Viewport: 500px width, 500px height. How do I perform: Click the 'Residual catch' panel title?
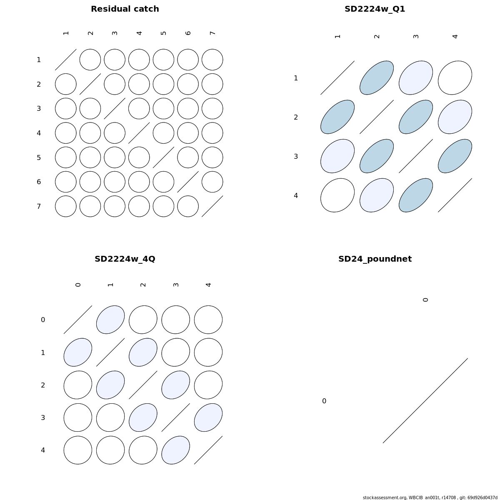tap(125, 9)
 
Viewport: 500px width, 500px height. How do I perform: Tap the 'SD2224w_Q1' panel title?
tap(375, 9)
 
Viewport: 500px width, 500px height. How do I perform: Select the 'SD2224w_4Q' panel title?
tap(125, 259)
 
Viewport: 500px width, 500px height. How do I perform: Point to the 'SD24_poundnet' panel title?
tap(375, 259)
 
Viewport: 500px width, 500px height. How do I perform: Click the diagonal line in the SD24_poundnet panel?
tap(425, 400)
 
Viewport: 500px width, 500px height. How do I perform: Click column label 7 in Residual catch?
tap(212, 33)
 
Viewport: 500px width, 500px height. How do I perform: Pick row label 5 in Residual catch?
tap(39, 157)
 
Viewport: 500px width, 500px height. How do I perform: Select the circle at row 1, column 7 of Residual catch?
tap(212, 60)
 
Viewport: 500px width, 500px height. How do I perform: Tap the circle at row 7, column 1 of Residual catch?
tap(66, 206)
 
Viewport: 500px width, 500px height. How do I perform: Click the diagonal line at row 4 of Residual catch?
tap(139, 133)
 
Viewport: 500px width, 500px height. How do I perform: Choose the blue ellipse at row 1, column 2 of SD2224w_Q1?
tap(377, 78)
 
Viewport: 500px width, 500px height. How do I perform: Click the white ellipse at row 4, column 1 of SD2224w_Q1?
tap(337, 195)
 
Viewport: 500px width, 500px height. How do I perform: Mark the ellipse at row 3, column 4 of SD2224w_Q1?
tap(455, 156)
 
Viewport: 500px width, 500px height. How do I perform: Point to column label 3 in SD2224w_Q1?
tap(416, 36)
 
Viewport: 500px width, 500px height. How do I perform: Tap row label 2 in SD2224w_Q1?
tap(296, 117)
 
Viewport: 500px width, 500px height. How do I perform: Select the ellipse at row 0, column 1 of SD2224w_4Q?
tap(110, 320)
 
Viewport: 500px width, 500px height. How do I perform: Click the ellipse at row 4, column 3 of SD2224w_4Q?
tap(176, 450)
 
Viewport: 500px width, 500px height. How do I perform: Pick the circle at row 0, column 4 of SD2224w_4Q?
tap(208, 320)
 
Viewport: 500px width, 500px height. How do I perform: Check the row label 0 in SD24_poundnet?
tap(324, 401)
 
